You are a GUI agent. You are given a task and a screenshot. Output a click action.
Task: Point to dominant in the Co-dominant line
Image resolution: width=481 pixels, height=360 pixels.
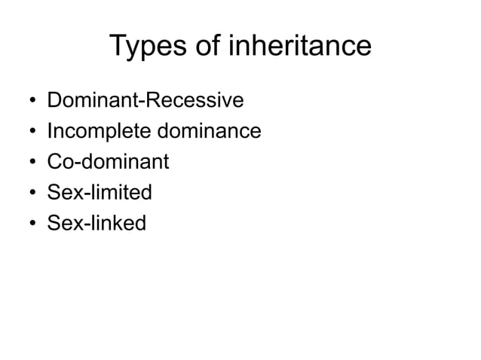coord(124,162)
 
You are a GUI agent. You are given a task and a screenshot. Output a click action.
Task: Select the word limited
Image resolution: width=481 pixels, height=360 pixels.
coord(120,193)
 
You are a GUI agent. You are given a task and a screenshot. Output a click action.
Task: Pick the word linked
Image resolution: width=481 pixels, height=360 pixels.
coord(117,223)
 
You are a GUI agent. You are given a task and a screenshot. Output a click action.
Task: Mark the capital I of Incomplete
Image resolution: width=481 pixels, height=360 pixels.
coord(49,132)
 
